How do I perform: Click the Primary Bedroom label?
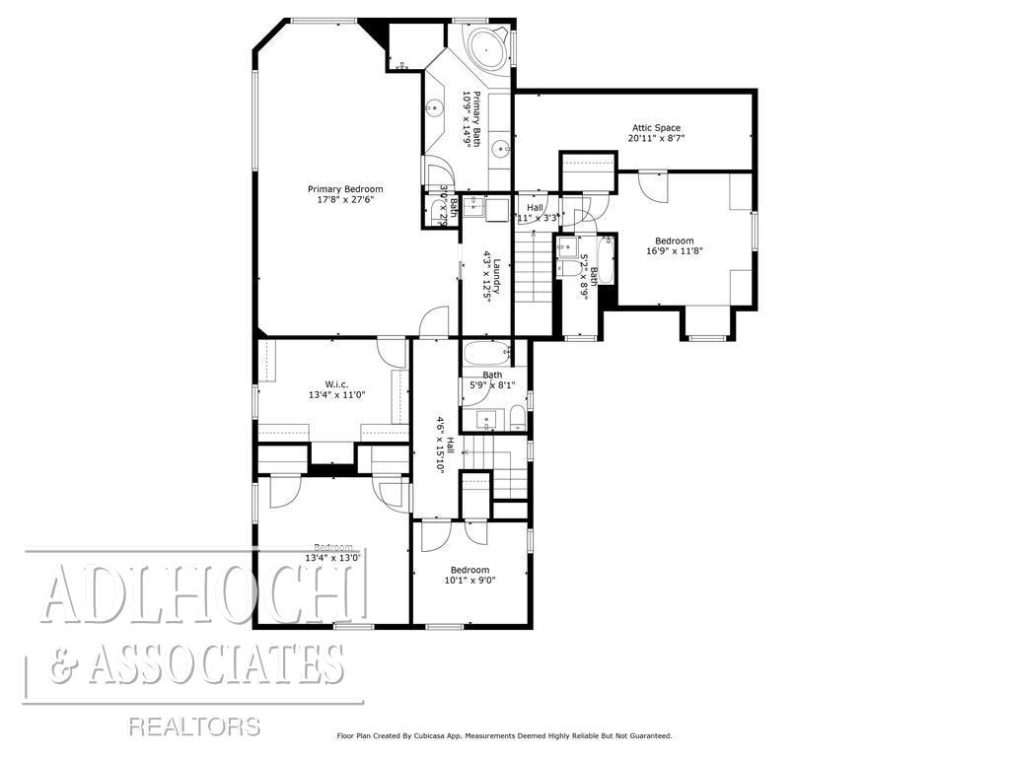pyautogui.click(x=344, y=189)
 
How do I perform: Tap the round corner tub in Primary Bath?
pyautogui.click(x=487, y=47)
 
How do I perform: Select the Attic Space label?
pyautogui.click(x=656, y=127)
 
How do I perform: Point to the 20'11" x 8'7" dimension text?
pyautogui.click(x=656, y=139)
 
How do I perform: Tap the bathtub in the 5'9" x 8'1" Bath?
pyautogui.click(x=485, y=353)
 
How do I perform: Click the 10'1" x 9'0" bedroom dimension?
pyautogui.click(x=469, y=581)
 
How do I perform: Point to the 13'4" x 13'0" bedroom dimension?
pyautogui.click(x=333, y=559)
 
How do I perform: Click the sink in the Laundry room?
pyautogui.click(x=474, y=207)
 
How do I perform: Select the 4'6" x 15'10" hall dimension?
pyautogui.click(x=439, y=446)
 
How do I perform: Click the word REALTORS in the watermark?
pyautogui.click(x=194, y=727)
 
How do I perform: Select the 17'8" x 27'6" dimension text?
pyautogui.click(x=344, y=200)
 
